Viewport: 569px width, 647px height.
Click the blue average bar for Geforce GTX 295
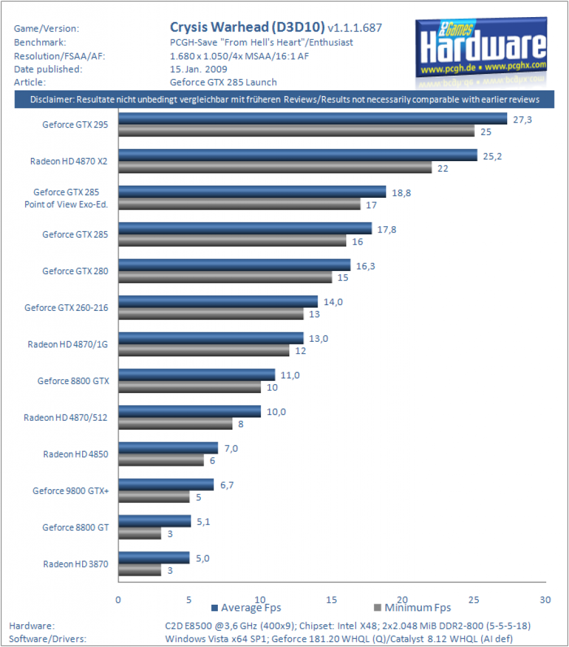click(313, 119)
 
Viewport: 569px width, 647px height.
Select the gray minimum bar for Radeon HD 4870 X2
click(275, 167)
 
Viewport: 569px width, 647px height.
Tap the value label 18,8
click(401, 193)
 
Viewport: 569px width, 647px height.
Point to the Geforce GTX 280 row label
click(75, 271)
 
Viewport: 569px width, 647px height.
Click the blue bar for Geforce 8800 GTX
click(196, 375)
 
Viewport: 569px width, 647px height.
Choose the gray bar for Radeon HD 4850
click(161, 460)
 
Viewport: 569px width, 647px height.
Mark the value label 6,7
click(227, 485)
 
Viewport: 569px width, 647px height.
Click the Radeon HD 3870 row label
click(75, 564)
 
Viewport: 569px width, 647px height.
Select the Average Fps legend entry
click(246, 608)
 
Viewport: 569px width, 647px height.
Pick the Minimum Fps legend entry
click(412, 608)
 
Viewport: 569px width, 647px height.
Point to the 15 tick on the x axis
click(332, 600)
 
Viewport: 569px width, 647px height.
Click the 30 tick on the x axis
click(545, 600)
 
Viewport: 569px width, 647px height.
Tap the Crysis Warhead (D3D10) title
click(248, 27)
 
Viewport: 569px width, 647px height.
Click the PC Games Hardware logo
click(481, 52)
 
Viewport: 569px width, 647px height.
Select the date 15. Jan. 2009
click(198, 70)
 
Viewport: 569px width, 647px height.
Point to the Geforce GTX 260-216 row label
click(66, 308)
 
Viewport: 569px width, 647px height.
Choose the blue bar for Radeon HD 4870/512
click(189, 411)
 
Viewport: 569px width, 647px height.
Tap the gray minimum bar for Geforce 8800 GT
click(140, 533)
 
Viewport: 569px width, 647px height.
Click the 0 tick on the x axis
click(118, 600)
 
